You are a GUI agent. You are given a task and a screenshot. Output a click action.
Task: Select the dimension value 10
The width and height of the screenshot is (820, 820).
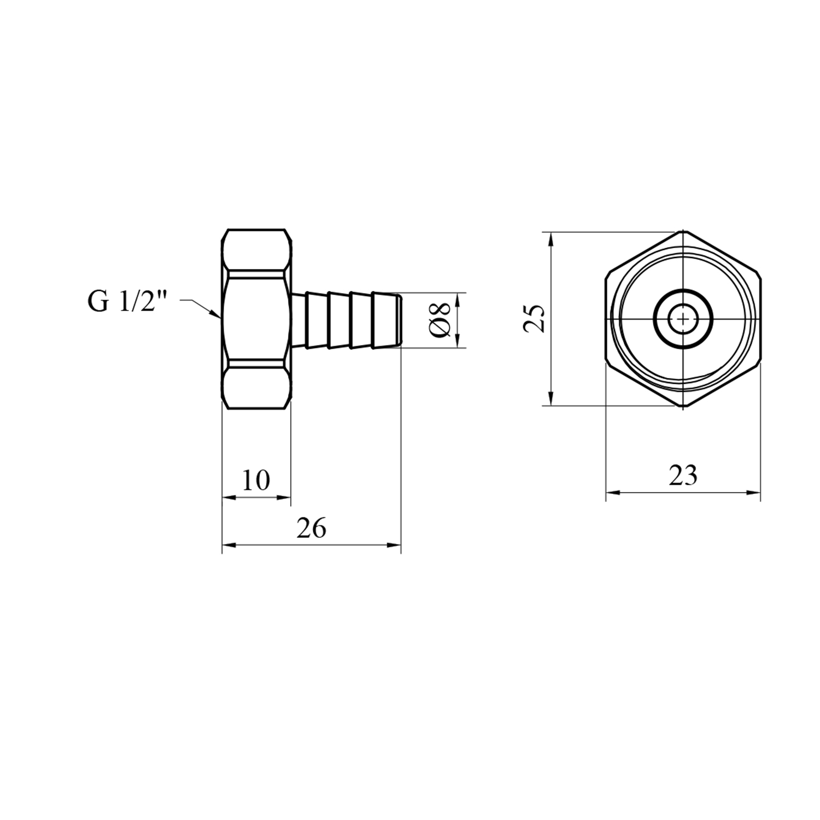pyautogui.click(x=256, y=481)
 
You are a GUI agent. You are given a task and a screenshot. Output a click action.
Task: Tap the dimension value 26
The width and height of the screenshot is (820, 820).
pyautogui.click(x=312, y=528)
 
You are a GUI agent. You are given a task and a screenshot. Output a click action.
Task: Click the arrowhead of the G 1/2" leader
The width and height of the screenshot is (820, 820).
pyautogui.click(x=215, y=314)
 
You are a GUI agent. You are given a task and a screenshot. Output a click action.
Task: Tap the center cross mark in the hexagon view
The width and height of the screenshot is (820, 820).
pyautogui.click(x=683, y=319)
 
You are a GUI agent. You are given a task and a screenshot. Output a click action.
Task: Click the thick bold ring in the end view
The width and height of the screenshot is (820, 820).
pyautogui.click(x=683, y=290)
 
